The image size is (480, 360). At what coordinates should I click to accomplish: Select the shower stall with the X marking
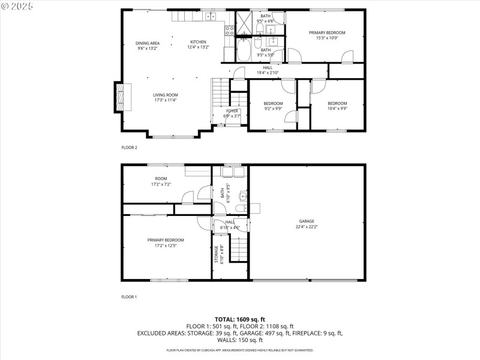244,24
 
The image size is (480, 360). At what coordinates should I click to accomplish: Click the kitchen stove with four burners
229,31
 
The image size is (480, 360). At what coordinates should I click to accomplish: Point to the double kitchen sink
212,16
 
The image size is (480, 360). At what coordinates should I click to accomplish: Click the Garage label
305,221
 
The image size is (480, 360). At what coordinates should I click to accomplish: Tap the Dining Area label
147,43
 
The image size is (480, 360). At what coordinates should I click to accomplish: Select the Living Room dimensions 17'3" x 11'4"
164,100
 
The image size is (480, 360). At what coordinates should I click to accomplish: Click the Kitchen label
198,42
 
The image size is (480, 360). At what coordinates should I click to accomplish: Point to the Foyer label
232,111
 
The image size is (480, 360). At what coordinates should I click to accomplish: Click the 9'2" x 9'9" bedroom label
273,103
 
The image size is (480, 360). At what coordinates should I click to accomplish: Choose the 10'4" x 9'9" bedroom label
337,103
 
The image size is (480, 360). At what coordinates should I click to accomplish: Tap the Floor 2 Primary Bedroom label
327,32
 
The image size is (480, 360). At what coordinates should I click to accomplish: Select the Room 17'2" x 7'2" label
161,178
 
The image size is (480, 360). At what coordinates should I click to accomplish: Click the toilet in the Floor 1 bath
240,208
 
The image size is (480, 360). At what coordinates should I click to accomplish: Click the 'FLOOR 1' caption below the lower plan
129,296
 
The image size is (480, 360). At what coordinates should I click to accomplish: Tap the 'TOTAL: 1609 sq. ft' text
240,319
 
